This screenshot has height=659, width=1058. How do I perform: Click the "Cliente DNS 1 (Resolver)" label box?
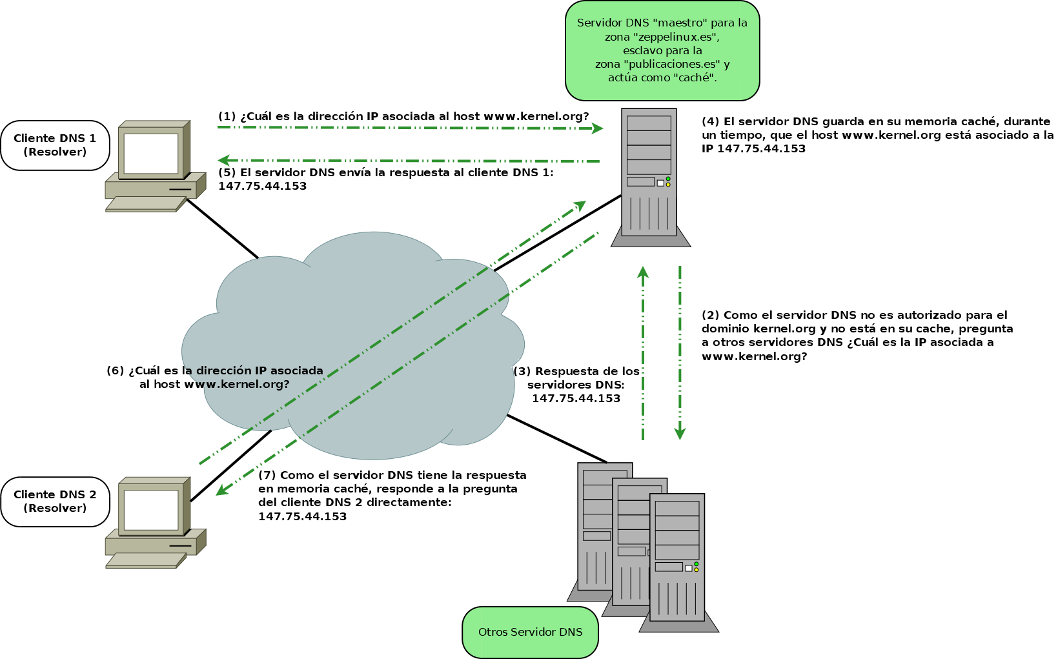(55, 145)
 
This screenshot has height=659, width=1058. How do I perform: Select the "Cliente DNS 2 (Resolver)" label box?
(55, 502)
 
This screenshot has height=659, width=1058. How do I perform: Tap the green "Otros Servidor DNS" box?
(530, 632)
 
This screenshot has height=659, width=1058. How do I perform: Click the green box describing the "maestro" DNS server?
(662, 50)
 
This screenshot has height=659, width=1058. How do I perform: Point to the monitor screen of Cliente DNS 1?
(151, 154)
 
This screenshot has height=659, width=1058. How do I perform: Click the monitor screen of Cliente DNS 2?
(151, 510)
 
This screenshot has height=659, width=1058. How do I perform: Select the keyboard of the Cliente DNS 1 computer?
(145, 203)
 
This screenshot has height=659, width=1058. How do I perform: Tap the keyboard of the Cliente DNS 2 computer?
(145, 560)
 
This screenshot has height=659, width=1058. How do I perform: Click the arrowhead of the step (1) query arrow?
(598, 128)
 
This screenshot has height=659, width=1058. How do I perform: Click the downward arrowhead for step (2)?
(680, 434)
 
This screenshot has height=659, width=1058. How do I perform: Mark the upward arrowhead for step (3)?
(643, 272)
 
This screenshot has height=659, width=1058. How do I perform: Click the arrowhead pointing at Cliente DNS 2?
(221, 491)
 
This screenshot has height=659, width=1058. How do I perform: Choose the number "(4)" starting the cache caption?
(710, 121)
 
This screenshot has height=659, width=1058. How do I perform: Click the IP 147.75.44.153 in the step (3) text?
(576, 398)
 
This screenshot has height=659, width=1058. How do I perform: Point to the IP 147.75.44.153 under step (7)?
(302, 516)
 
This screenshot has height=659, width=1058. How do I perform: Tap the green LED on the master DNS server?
(668, 179)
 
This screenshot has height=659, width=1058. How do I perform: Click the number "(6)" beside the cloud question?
(115, 370)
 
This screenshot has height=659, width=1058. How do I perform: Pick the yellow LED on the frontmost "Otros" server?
(697, 570)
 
